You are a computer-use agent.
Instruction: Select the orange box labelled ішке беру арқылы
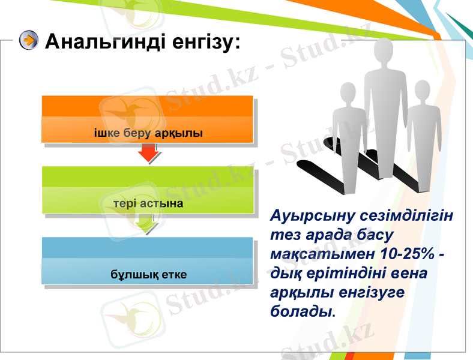148,119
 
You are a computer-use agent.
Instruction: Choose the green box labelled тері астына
148,190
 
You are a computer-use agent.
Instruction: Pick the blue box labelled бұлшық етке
148,261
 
